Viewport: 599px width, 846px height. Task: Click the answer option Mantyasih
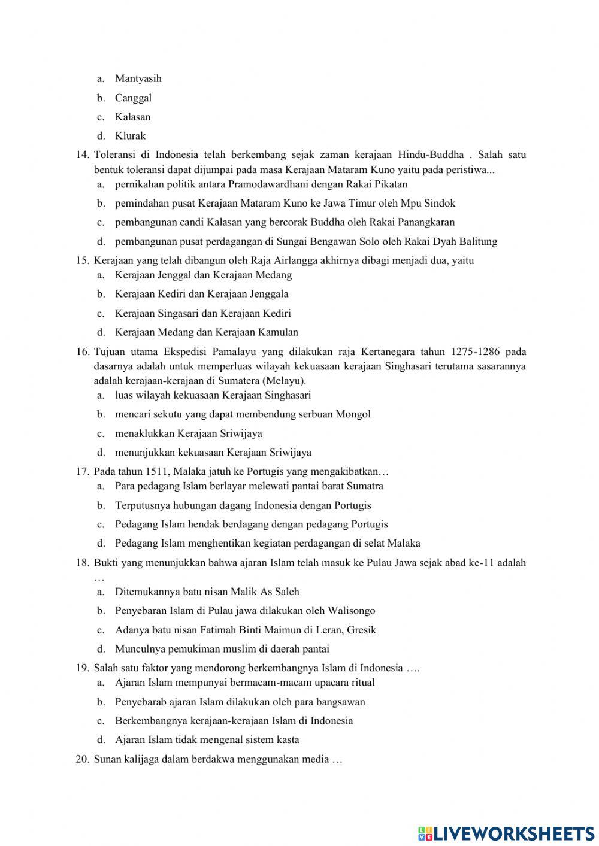tap(138, 78)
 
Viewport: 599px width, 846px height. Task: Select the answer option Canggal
tap(133, 98)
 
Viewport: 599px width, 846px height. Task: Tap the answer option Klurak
tap(130, 136)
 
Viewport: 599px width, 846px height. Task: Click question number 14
tap(83, 155)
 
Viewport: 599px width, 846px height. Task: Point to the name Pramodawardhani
tap(264, 184)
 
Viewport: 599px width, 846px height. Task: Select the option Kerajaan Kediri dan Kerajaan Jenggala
tap(201, 294)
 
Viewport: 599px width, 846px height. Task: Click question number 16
tap(83, 351)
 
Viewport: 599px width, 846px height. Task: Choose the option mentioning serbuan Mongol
tap(243, 414)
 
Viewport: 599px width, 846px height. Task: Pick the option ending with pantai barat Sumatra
tap(249, 486)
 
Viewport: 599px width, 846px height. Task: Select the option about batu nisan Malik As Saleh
tap(207, 592)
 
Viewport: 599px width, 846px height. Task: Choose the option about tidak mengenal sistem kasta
tap(207, 740)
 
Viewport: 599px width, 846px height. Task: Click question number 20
tap(83, 760)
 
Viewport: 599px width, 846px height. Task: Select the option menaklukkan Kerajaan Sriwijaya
tap(188, 433)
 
